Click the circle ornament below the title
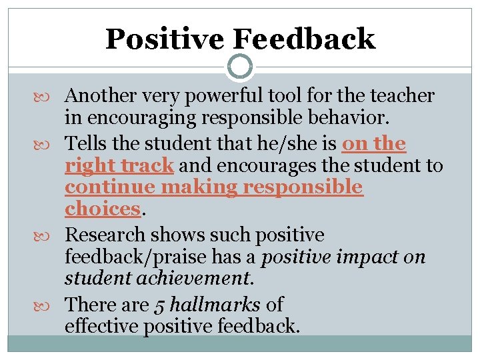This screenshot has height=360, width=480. [240, 67]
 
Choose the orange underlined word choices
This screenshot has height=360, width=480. [101, 208]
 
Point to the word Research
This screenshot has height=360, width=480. [105, 235]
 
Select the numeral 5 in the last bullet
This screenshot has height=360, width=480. [159, 305]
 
